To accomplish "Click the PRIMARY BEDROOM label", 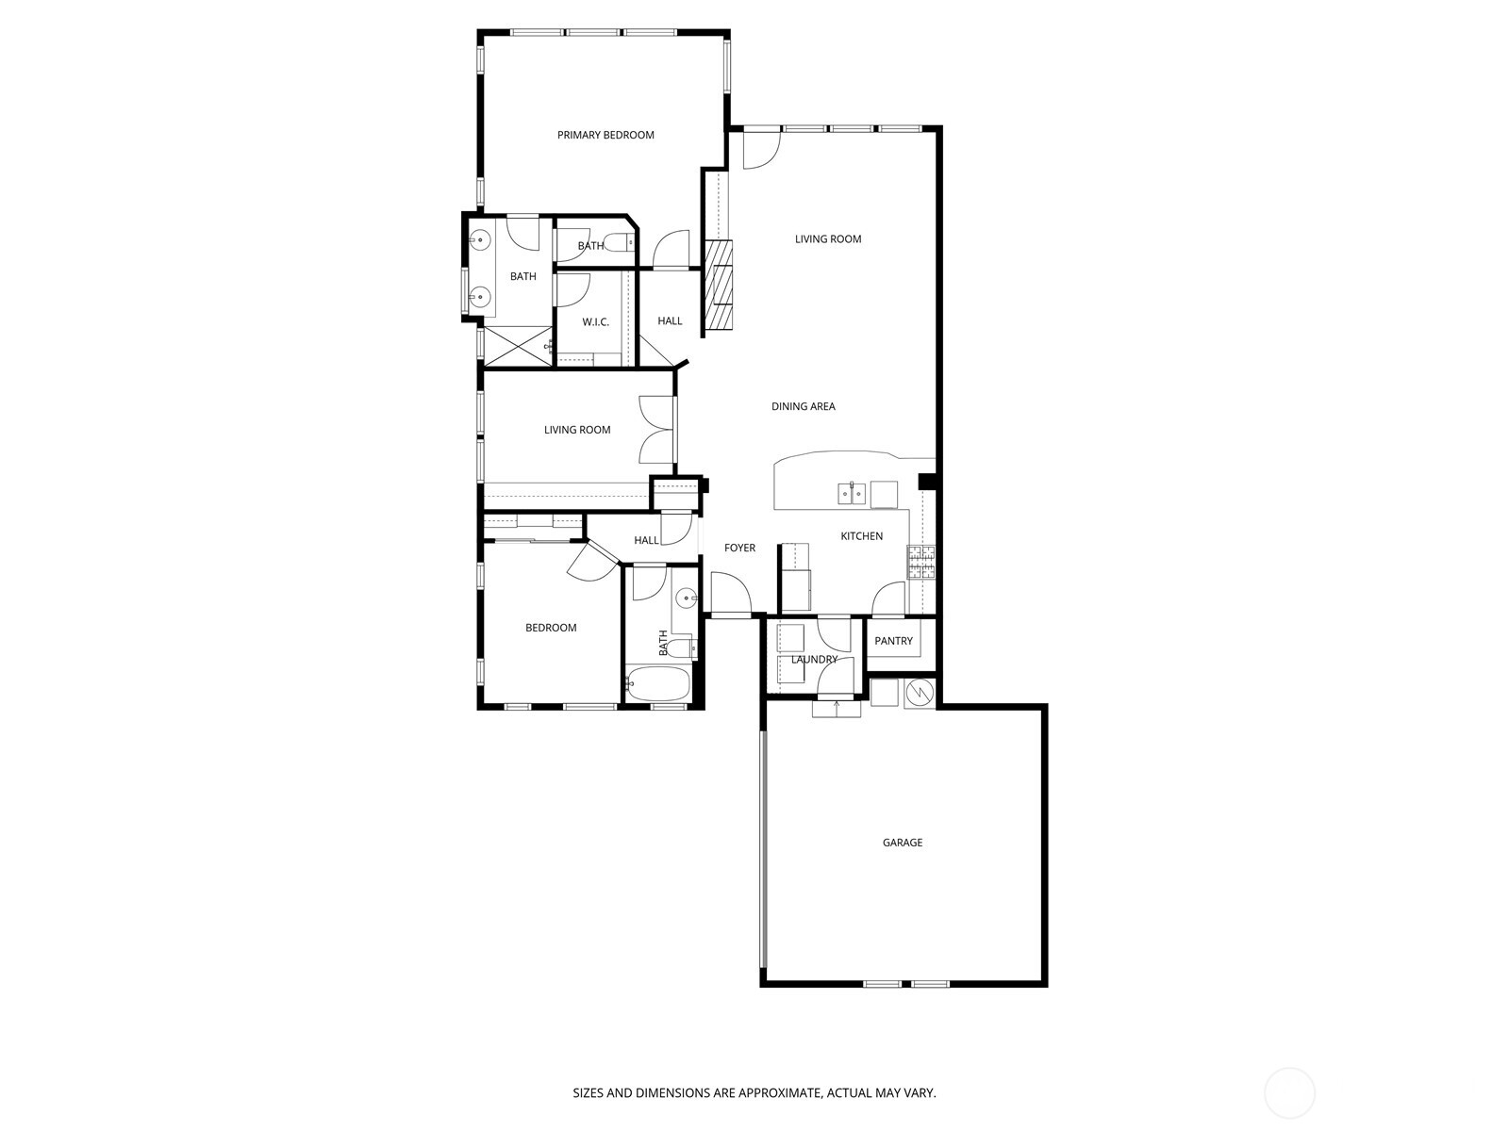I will (x=605, y=135).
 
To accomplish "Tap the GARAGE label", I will (x=902, y=843).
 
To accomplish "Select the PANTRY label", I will (x=893, y=641).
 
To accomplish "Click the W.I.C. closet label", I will (x=595, y=322).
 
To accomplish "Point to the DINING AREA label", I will (x=803, y=407).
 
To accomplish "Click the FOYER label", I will (x=739, y=548).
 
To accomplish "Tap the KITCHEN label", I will (x=861, y=536).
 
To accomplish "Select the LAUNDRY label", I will (x=814, y=660).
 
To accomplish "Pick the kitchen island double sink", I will (x=853, y=492).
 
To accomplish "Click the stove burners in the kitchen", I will (x=921, y=563).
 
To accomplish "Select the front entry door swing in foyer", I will (x=729, y=593).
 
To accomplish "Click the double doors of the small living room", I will (x=656, y=429).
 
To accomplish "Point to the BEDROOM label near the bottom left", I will (x=551, y=628).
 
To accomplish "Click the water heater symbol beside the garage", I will (x=919, y=694).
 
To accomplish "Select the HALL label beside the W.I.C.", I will (x=670, y=321).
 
